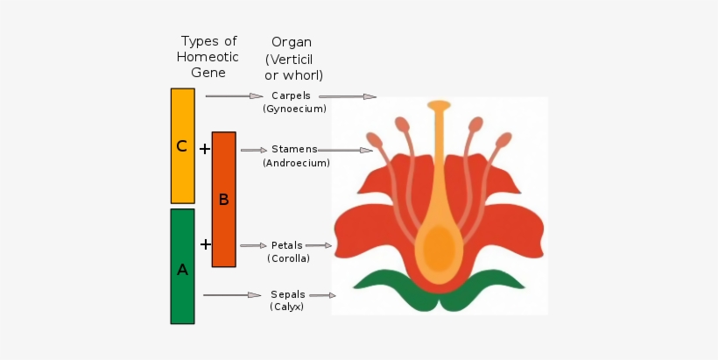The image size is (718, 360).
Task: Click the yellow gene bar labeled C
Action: coord(182,145)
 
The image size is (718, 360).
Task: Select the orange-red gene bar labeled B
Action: coord(223,199)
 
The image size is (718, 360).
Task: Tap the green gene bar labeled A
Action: coord(182,265)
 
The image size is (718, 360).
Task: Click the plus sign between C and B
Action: coord(204,149)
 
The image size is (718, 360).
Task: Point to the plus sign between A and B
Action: coord(205,244)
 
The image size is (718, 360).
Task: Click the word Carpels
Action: coord(291,95)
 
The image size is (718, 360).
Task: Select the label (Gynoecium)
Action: coord(294,109)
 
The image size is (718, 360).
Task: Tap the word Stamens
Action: coord(294,149)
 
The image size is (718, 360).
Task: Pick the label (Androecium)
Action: coord(296,163)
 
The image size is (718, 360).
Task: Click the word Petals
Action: coord(286,245)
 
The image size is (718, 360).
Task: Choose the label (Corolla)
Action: coord(288,258)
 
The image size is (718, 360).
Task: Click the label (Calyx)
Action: coord(287,307)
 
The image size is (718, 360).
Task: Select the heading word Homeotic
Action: coord(208,57)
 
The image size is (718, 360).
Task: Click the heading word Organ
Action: coord(291,41)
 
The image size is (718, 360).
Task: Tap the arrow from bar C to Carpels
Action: coord(234,95)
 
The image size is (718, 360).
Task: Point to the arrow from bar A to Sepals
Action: coord(232,295)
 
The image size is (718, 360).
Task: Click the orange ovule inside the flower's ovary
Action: coord(439,249)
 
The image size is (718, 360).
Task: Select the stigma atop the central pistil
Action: coord(439,105)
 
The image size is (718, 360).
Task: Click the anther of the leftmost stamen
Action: coord(374,140)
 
